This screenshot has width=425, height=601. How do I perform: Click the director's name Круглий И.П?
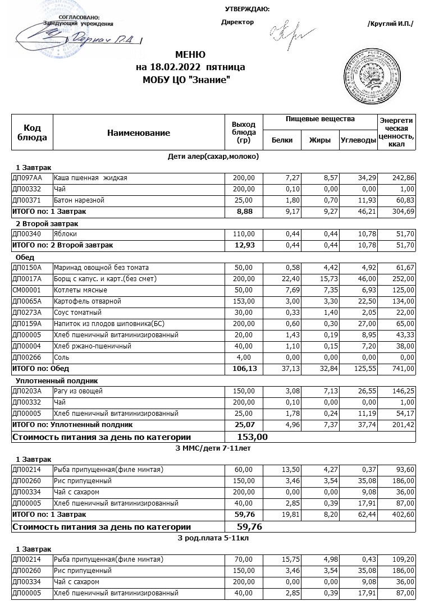point(390,24)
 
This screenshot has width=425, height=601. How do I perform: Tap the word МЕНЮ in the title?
point(190,55)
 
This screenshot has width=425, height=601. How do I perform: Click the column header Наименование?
point(138,133)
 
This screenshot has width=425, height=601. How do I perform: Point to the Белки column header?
point(282,140)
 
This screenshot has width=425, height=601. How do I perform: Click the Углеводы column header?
point(358,140)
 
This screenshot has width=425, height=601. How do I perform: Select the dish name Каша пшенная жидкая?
point(90,178)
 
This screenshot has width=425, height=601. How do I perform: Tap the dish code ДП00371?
point(27,200)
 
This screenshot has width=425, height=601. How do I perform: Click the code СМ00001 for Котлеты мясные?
point(27,290)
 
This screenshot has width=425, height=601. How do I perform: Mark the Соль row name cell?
point(62,357)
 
